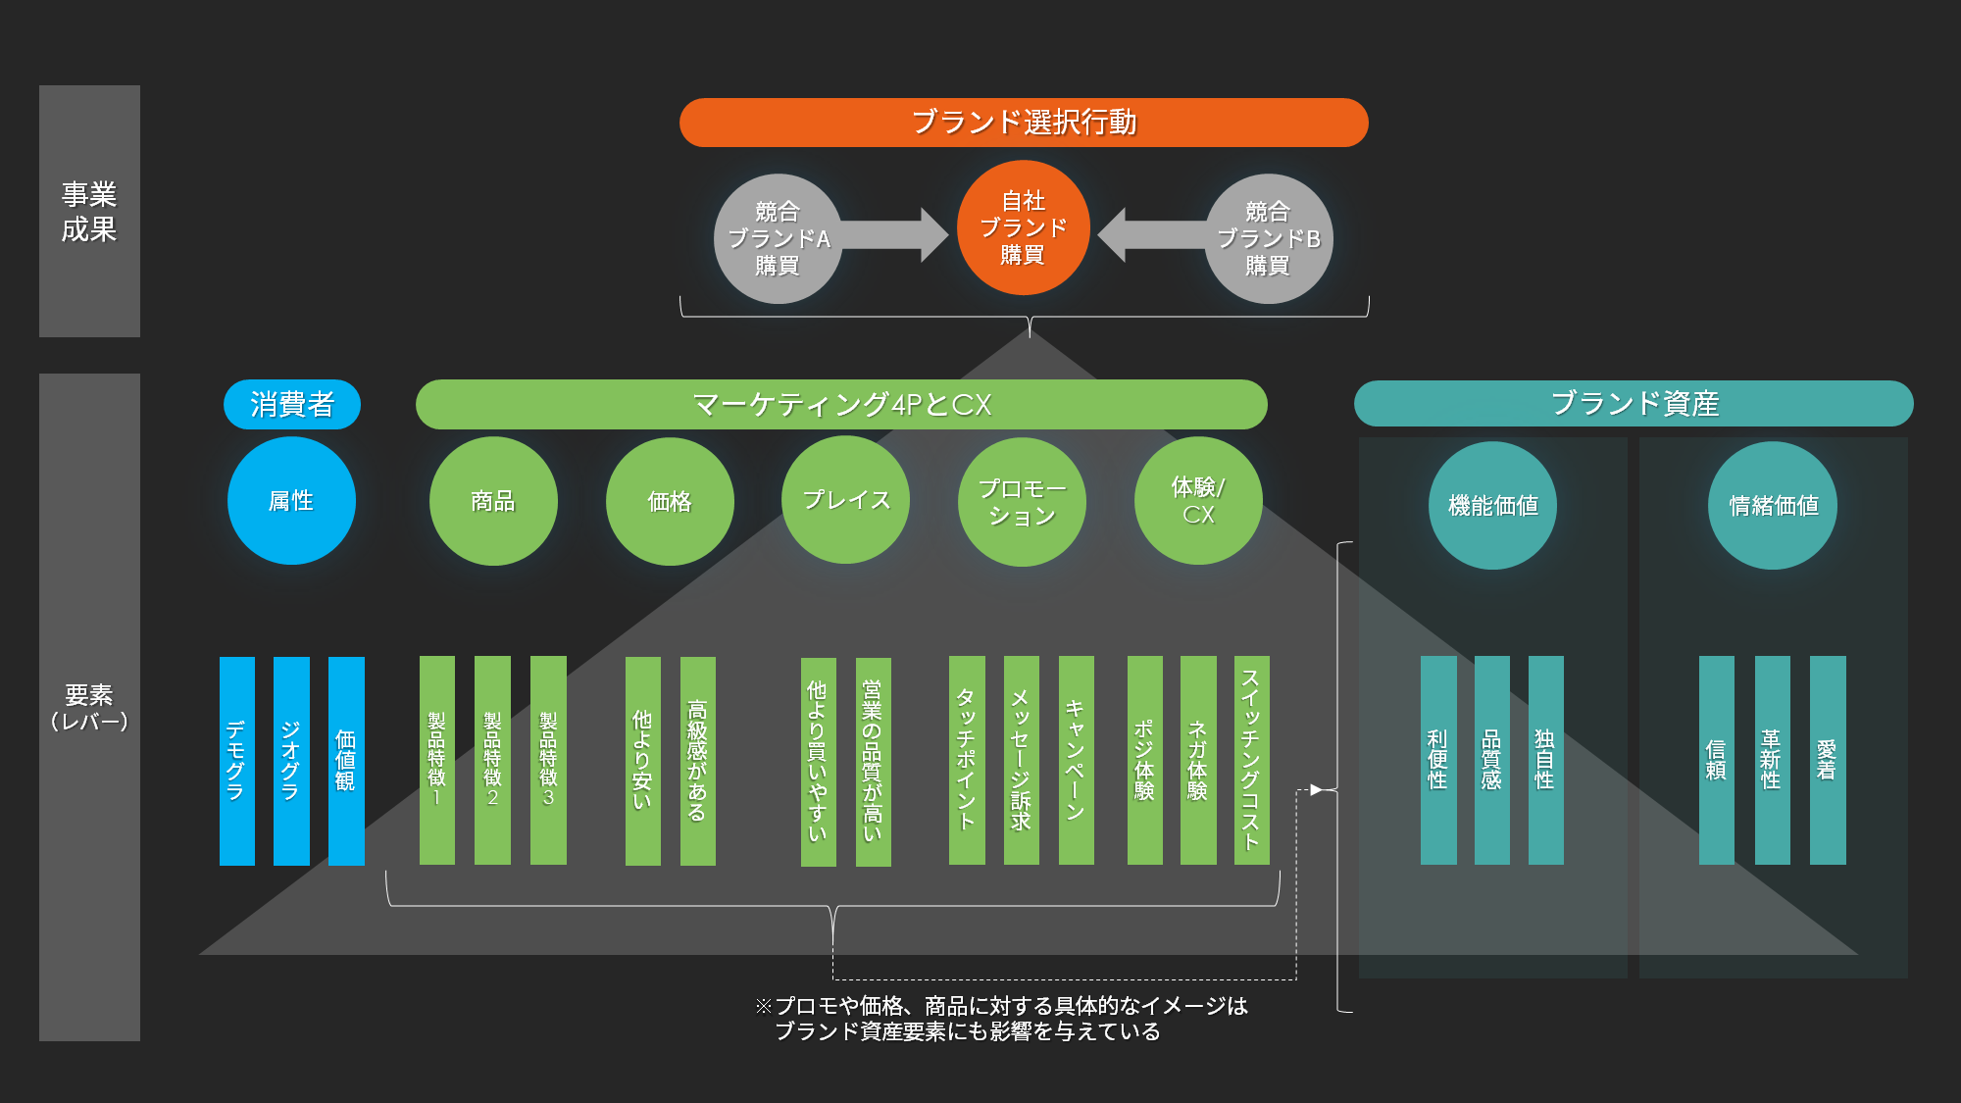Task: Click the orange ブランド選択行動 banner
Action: (x=1024, y=123)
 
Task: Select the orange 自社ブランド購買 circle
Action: (x=1023, y=227)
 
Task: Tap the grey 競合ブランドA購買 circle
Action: (x=778, y=238)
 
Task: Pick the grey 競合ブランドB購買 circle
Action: (x=1268, y=238)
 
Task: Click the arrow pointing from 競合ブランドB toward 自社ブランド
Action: (x=1149, y=235)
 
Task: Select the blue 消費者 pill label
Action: (x=292, y=404)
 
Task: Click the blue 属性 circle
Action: (x=291, y=501)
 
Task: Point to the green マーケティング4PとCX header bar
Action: (x=841, y=404)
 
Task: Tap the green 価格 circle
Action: (x=670, y=501)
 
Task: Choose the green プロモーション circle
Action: (x=1022, y=501)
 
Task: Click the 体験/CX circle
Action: (x=1198, y=501)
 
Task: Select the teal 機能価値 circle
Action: (x=1492, y=505)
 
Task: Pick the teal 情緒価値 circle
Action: (x=1773, y=505)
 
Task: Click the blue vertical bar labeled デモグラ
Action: (x=236, y=761)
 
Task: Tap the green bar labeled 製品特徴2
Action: (x=492, y=761)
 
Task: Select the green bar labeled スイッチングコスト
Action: (x=1251, y=761)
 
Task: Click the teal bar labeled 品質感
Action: (x=1491, y=761)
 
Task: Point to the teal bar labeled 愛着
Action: (x=1827, y=761)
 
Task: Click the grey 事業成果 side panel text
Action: (x=89, y=211)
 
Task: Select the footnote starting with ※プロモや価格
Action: (x=1000, y=1019)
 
